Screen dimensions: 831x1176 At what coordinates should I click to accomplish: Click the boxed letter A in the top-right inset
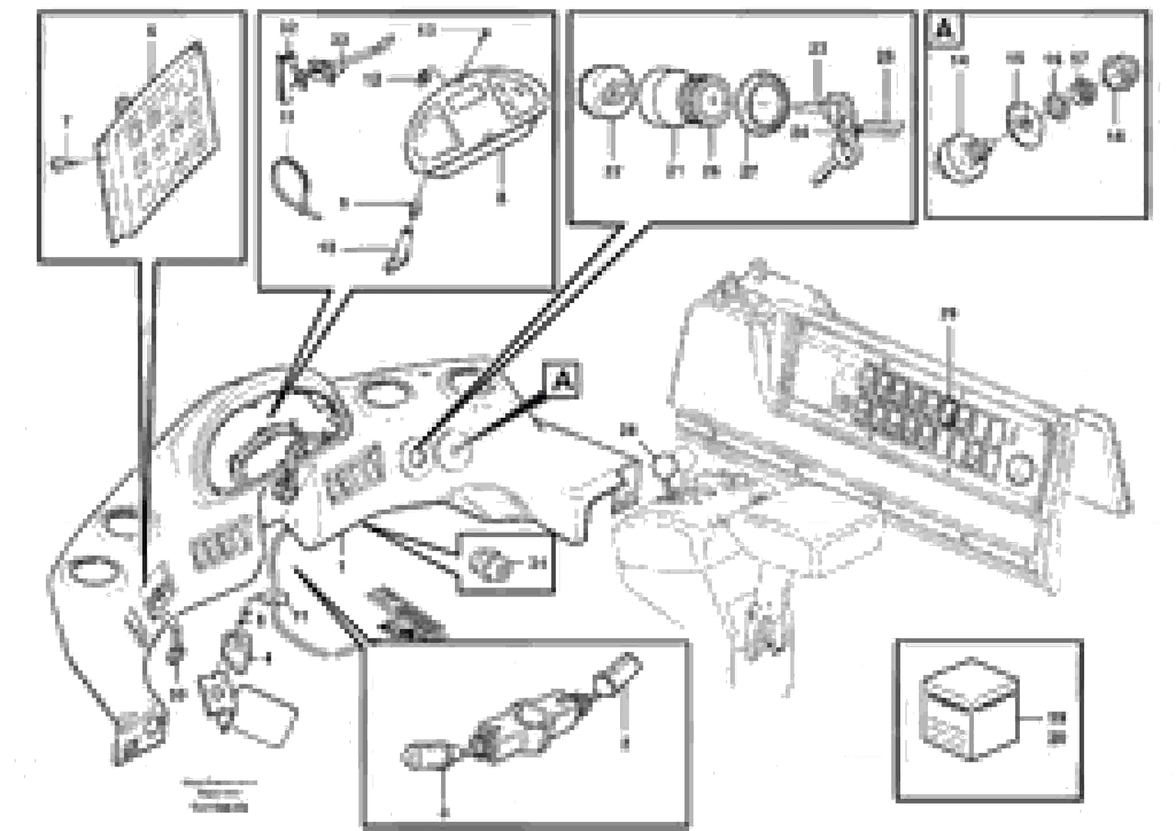click(945, 30)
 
